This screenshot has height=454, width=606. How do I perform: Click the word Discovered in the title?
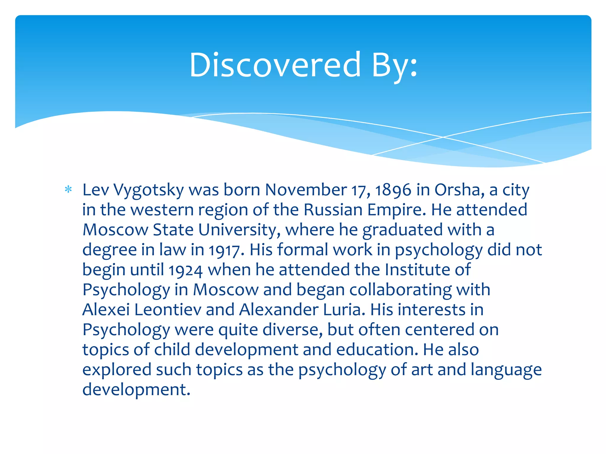275,65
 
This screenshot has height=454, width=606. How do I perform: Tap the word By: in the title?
394,65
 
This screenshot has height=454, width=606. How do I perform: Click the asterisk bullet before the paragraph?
68,189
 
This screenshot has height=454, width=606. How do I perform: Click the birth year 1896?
393,190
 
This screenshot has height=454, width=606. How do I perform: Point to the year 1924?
186,270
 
